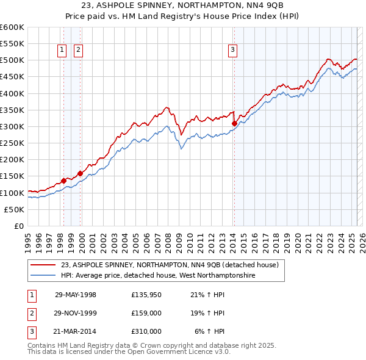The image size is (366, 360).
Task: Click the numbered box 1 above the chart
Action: point(63,51)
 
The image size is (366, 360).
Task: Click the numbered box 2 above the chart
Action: point(79,51)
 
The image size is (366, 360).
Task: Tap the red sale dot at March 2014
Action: point(234,123)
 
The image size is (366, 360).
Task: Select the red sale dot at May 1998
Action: point(63,181)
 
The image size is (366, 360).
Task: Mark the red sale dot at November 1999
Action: point(80,173)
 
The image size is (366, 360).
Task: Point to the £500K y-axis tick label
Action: point(12,60)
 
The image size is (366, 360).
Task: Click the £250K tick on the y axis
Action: point(12,143)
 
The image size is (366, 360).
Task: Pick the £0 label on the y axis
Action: point(18,226)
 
